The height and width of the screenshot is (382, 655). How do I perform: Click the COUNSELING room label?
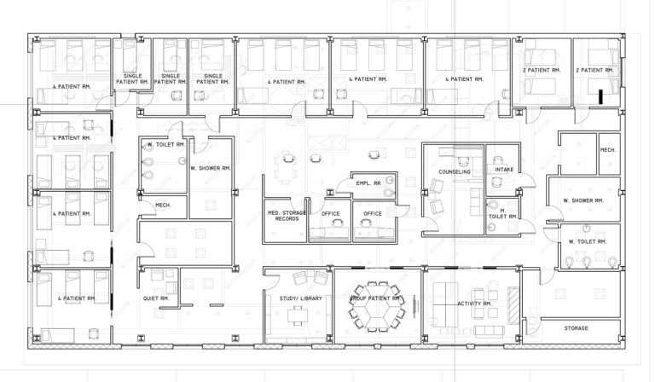coord(455,171)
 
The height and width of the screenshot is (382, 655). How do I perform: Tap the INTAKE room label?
coord(504,170)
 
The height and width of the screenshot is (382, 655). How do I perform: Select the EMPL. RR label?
coord(368,183)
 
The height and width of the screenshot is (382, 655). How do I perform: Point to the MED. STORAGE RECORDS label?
coord(287,216)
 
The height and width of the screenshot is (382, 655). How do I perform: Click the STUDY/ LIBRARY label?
coord(301,298)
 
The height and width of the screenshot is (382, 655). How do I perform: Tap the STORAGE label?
coord(576,328)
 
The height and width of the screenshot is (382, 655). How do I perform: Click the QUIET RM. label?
coord(156,298)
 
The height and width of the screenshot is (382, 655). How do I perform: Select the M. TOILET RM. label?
coord(503,213)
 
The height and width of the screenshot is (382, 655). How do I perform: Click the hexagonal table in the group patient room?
coord(378,307)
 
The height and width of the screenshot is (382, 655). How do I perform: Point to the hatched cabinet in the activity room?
coord(513,305)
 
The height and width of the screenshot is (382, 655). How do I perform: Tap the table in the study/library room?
coord(298,315)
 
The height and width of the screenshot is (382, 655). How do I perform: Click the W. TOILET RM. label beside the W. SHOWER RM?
coord(588,241)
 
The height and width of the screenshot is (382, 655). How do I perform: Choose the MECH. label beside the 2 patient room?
coord(608,150)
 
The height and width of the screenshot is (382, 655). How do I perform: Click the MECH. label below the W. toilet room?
coord(163,205)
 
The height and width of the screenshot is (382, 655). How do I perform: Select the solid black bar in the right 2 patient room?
coord(600,96)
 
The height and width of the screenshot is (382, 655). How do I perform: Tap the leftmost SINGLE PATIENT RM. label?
coord(132,79)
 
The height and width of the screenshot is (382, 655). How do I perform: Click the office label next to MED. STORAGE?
coord(330,214)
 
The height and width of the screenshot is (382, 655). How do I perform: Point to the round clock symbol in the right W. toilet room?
coord(587,228)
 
